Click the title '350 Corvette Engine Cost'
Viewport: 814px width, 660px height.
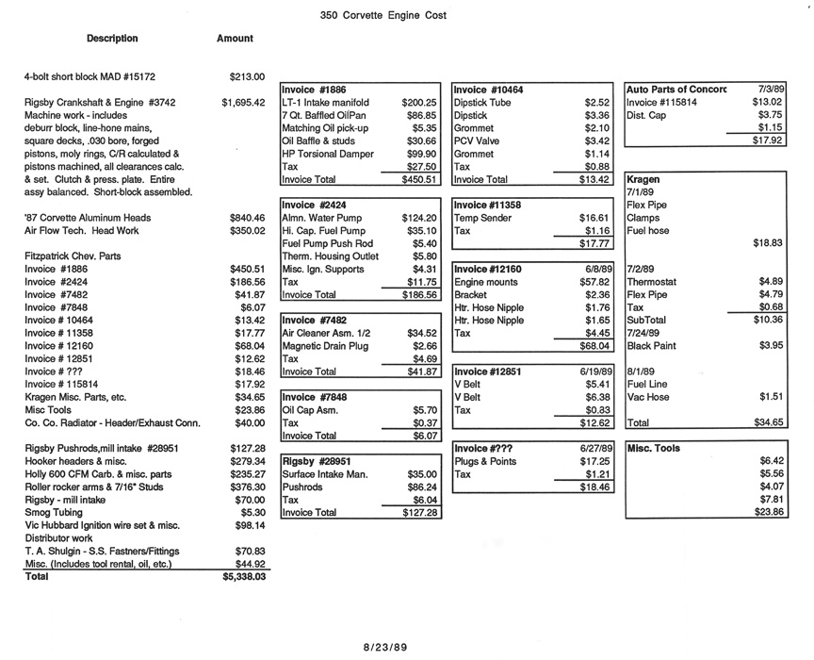click(x=383, y=15)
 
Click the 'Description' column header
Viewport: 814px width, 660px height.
click(x=112, y=39)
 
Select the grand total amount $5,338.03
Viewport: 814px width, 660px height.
click(x=244, y=575)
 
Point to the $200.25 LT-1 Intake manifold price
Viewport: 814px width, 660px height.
click(x=419, y=102)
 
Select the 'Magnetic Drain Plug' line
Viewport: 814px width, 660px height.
click(x=326, y=346)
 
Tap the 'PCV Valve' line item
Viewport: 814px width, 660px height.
click(x=477, y=140)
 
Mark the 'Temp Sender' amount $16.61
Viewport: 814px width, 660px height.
click(x=595, y=218)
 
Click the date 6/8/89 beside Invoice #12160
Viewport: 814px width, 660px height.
click(x=599, y=269)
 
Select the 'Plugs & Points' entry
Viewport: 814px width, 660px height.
click(x=486, y=461)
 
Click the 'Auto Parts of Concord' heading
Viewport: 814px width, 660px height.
click(x=676, y=90)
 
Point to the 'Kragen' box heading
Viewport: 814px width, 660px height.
click(x=643, y=178)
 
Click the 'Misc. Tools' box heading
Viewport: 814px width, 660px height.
click(x=653, y=448)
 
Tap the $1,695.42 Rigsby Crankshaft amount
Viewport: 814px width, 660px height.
click(x=243, y=102)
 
